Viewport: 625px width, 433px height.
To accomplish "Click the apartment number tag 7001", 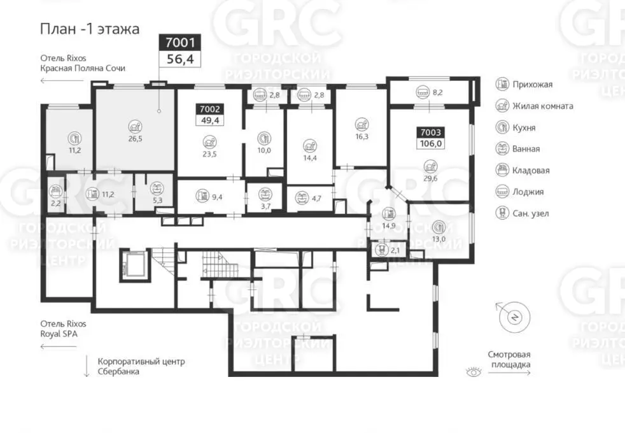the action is [x=179, y=42].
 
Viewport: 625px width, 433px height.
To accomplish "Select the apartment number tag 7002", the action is [x=209, y=109].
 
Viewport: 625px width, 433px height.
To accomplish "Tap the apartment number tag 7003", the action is [x=430, y=132].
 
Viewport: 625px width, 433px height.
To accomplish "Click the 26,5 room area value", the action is [x=135, y=139].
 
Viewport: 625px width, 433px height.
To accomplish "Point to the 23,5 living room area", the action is [x=209, y=154].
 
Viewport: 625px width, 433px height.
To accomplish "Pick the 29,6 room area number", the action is [x=430, y=178].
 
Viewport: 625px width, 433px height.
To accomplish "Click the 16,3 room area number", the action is [x=362, y=136].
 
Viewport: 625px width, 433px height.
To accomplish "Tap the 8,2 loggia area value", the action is [x=437, y=92].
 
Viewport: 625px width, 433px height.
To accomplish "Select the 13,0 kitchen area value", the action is [x=439, y=239].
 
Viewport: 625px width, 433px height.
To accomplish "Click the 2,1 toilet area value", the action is [x=395, y=250].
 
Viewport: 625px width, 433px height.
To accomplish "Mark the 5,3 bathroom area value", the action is [x=157, y=200].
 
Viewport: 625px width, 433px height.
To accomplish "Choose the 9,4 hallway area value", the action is [x=217, y=197].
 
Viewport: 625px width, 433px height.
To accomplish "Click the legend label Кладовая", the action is [x=531, y=171].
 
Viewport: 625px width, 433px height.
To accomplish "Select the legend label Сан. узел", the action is [x=531, y=214].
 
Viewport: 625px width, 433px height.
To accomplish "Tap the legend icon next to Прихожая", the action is [x=502, y=84].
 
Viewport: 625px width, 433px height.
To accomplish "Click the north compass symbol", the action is [x=514, y=317].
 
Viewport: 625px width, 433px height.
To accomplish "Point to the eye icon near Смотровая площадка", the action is [x=474, y=372].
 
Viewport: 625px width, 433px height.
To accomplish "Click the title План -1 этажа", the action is [x=90, y=29].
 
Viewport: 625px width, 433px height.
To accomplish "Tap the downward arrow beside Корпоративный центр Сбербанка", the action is [x=86, y=366].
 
